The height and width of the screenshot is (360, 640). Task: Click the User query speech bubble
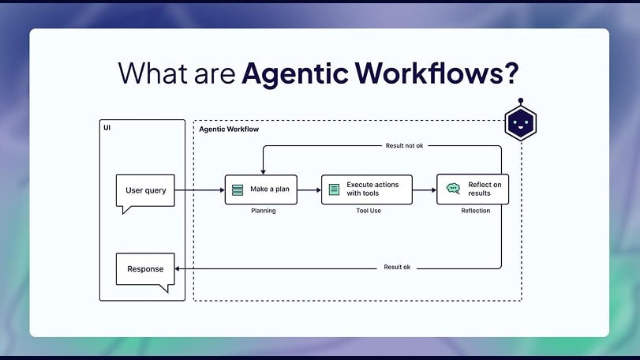[145, 190]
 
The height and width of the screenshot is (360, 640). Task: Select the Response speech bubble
[145, 268]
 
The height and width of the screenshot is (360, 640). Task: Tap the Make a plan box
[260, 189]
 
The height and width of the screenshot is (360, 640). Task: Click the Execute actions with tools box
[367, 189]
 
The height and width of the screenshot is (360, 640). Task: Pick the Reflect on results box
[473, 189]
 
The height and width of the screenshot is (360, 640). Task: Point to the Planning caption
[263, 211]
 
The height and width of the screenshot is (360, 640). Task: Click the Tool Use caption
[367, 211]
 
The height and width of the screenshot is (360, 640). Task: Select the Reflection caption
[475, 211]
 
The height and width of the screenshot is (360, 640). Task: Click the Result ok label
[397, 268]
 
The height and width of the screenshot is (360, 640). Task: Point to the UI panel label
[107, 128]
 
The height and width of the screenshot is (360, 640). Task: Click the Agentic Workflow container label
[229, 129]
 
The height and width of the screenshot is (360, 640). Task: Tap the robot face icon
[520, 124]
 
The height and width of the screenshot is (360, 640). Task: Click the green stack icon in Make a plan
[238, 189]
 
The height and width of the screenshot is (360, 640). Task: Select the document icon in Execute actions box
[334, 189]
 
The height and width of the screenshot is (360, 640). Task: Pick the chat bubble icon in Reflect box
[453, 189]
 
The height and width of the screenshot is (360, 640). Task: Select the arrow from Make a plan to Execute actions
[309, 189]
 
